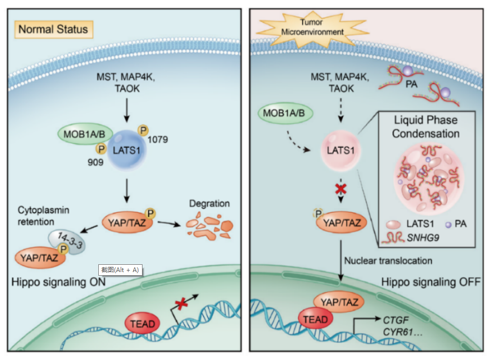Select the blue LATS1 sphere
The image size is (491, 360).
(128, 149)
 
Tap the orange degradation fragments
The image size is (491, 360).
(210, 227)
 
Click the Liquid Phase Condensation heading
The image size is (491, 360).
(425, 127)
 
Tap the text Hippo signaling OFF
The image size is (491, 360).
(431, 282)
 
